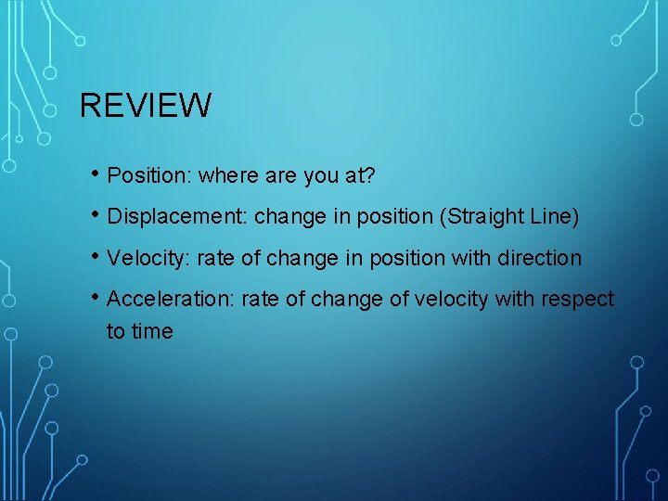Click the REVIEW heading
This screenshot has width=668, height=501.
(146, 105)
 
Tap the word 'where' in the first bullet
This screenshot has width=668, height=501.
(226, 175)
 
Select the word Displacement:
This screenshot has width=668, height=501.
(177, 217)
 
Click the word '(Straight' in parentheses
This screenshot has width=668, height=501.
(483, 217)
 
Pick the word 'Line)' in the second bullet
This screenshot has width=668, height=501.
(554, 217)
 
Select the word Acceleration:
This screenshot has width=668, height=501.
(168, 299)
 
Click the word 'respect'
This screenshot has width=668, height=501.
(579, 299)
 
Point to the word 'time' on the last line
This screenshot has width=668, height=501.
(152, 331)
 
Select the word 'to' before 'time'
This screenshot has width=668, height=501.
(116, 331)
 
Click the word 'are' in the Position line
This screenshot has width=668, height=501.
(276, 175)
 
